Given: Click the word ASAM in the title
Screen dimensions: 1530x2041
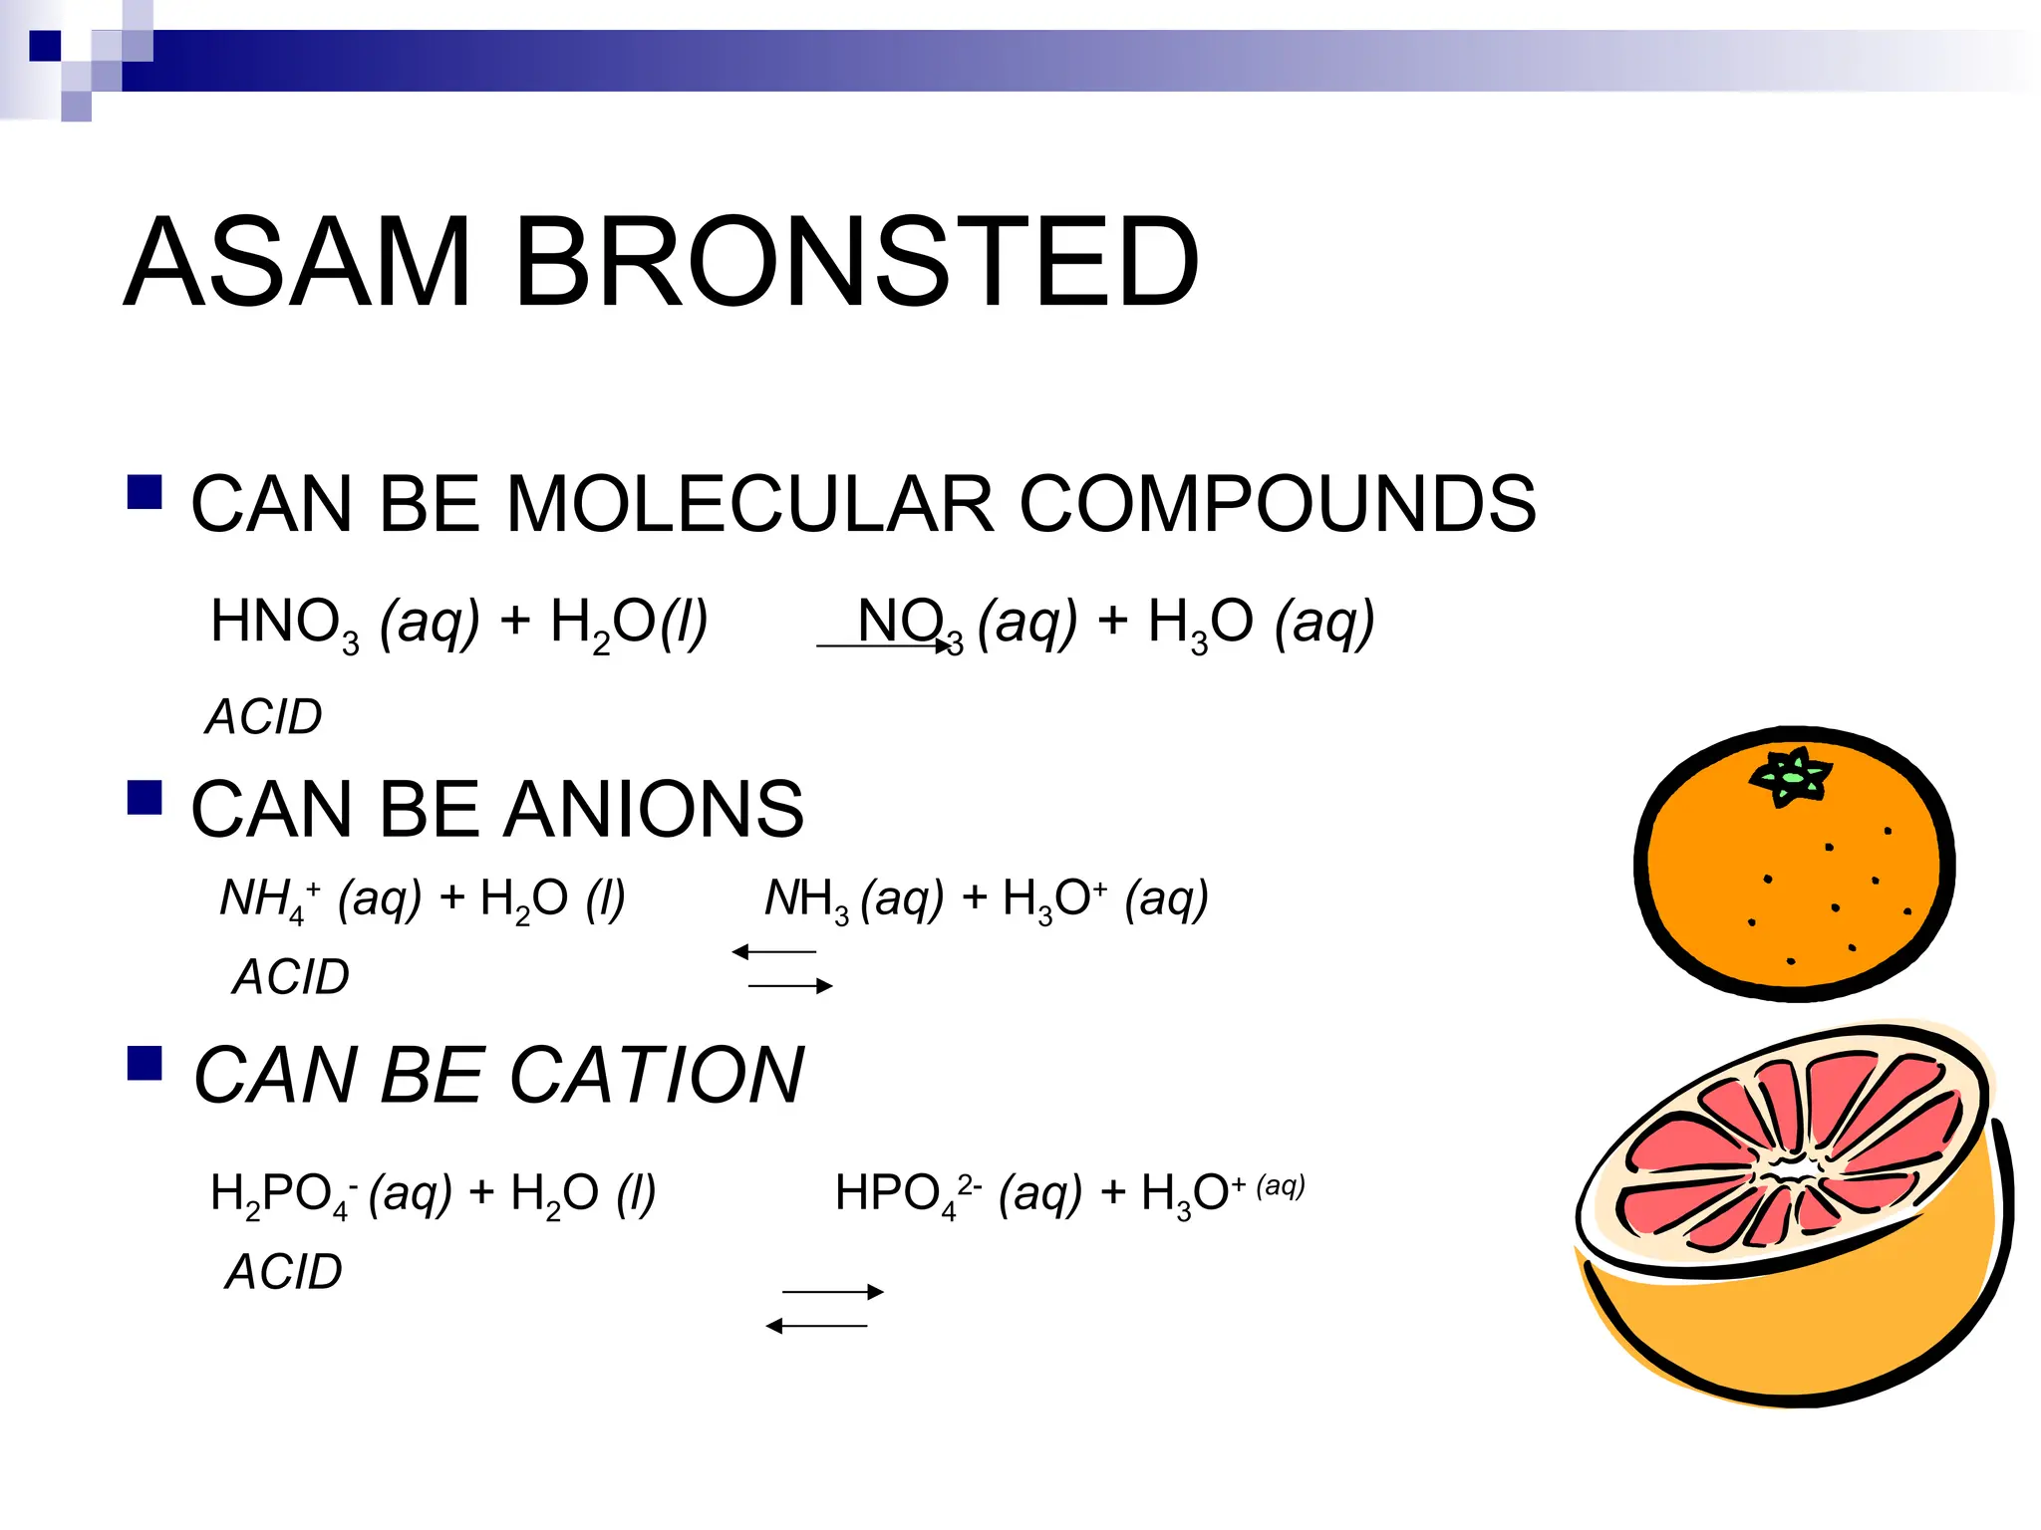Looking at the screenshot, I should click(x=297, y=261).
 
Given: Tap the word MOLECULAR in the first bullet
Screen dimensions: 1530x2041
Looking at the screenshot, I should click(x=749, y=504).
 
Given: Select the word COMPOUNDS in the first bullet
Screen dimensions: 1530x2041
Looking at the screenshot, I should click(x=1278, y=504).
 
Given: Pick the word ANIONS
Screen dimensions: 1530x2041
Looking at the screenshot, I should click(x=654, y=809).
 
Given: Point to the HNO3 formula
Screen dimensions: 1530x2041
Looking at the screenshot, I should click(x=284, y=624).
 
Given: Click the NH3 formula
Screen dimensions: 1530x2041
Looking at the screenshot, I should click(x=806, y=899).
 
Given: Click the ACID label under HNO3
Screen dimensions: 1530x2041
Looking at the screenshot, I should click(x=264, y=717).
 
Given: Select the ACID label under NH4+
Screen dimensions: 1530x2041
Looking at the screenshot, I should click(x=291, y=977).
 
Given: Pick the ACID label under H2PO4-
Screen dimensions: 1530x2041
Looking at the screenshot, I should click(x=284, y=1272).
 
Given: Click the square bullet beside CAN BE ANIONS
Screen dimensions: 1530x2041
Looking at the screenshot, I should click(x=146, y=797).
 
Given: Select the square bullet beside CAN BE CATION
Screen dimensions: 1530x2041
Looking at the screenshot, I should click(x=146, y=1063).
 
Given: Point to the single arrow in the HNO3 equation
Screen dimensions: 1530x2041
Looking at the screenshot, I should click(x=884, y=646).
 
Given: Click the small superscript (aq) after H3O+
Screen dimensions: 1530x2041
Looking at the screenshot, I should click(x=1281, y=1185).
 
